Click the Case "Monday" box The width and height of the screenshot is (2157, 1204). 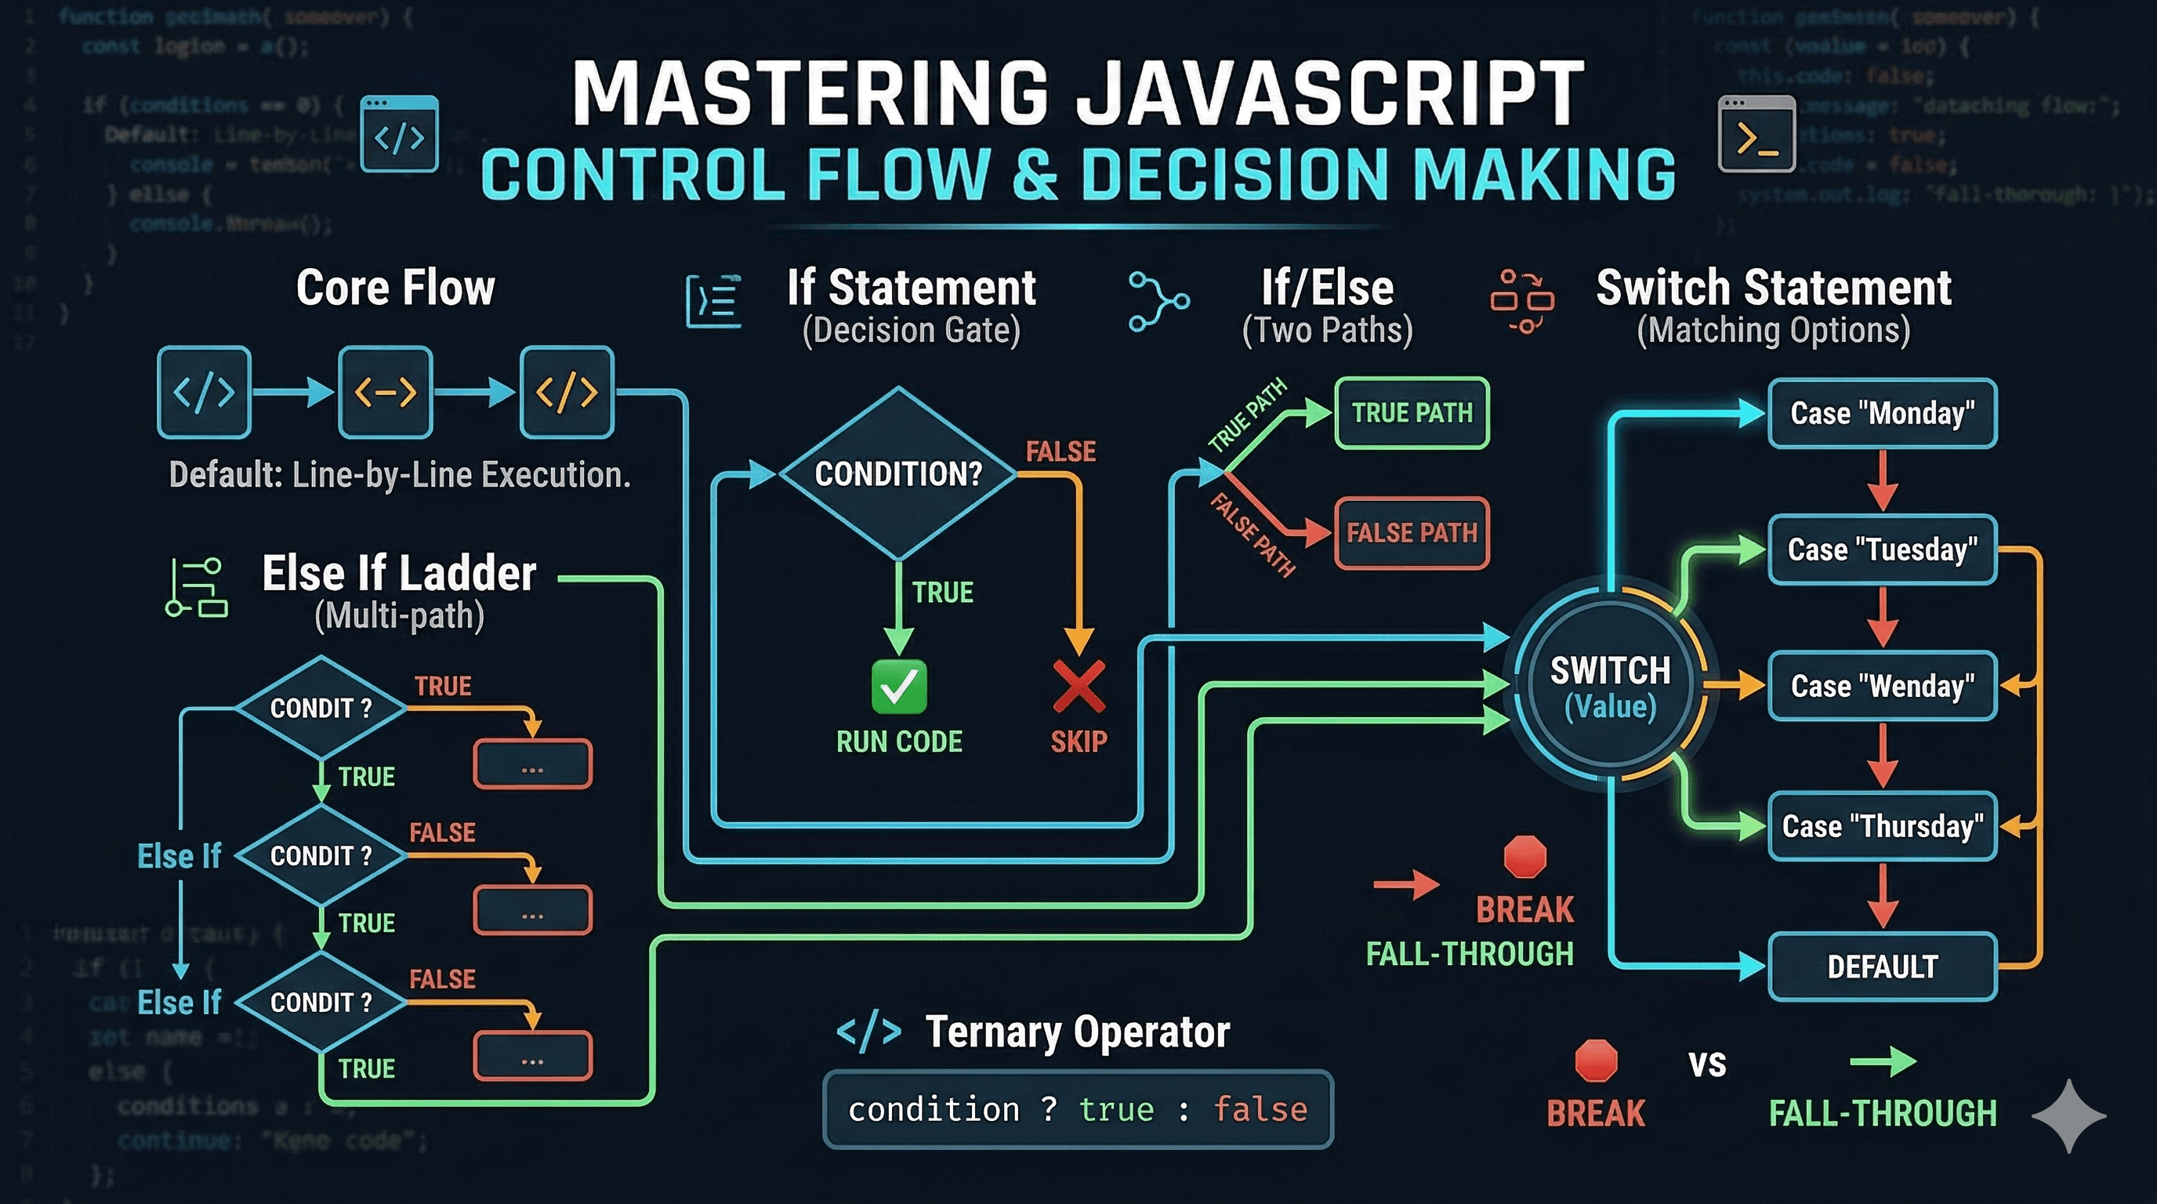1882,414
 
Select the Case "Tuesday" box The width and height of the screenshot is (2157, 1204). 1882,550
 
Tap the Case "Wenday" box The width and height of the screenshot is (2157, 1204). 1882,687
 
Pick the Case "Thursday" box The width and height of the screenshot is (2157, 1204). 1882,826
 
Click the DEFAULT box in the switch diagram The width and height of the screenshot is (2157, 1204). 1882,967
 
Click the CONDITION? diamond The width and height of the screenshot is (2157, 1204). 897,474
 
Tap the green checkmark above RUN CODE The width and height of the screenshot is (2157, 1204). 898,687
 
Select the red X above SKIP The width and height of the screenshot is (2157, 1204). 1078,687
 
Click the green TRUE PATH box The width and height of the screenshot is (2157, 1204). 1412,414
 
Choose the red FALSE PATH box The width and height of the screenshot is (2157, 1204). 1412,533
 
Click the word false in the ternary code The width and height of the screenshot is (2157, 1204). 1260,1110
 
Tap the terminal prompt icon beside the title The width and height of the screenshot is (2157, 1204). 1756,134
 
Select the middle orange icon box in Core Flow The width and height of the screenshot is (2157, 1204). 385,392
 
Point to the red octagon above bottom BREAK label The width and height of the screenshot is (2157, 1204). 1595,1061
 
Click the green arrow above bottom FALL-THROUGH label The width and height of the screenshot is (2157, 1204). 1883,1061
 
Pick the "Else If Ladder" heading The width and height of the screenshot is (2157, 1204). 399,575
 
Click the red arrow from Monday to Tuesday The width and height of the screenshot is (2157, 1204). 1883,481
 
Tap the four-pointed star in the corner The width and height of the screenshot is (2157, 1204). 2068,1115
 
